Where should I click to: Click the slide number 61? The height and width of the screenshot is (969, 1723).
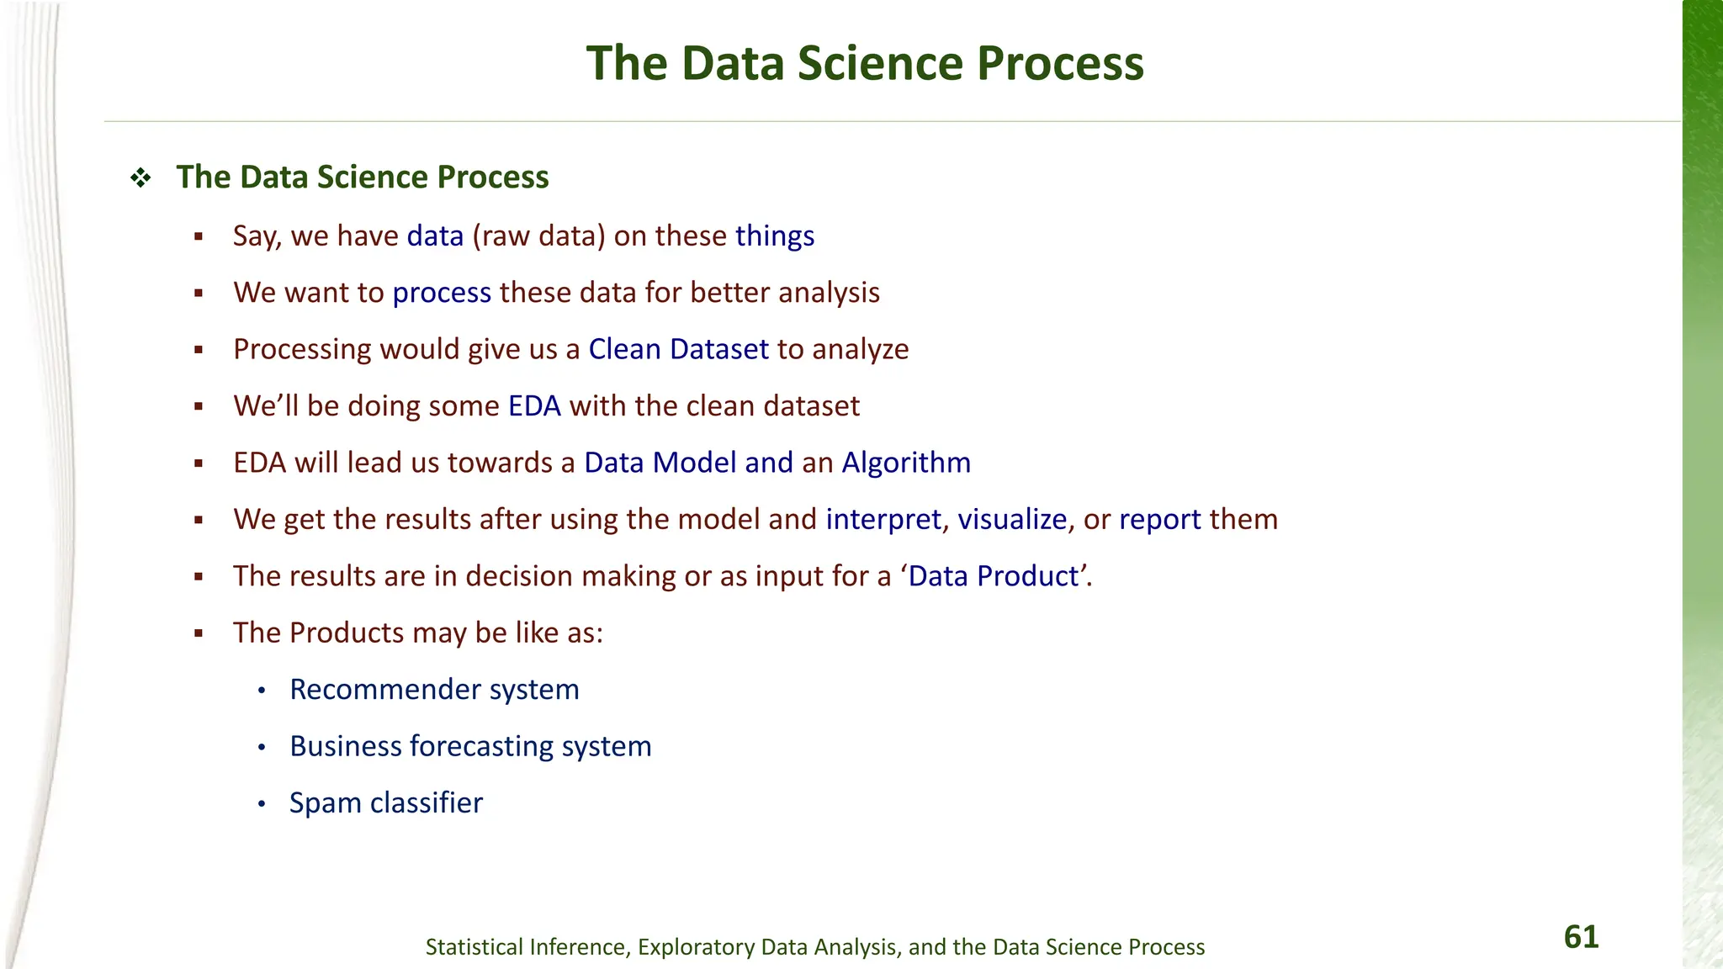[x=1581, y=937]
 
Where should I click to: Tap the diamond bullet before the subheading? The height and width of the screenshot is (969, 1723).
[x=140, y=177]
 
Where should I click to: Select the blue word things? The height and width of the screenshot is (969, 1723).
[x=774, y=236]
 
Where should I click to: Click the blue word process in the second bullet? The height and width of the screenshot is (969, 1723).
[x=442, y=293]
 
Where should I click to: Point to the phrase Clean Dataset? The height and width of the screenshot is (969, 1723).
[x=678, y=349]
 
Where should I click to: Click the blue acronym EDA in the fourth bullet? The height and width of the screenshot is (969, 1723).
[x=534, y=406]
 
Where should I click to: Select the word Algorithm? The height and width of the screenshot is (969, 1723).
[x=906, y=463]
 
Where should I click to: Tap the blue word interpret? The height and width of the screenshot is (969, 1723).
[x=883, y=520]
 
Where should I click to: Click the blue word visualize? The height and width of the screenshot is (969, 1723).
[x=1012, y=520]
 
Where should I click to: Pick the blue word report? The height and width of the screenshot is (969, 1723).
[x=1159, y=520]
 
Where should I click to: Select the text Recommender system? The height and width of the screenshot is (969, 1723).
[x=434, y=690]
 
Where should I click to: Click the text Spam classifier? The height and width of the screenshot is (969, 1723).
[x=386, y=803]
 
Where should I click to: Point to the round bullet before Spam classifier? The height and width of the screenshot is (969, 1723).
[x=262, y=805]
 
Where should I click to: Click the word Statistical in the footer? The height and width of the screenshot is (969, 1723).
[x=474, y=947]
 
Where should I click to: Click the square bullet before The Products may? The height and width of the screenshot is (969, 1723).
[x=199, y=634]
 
